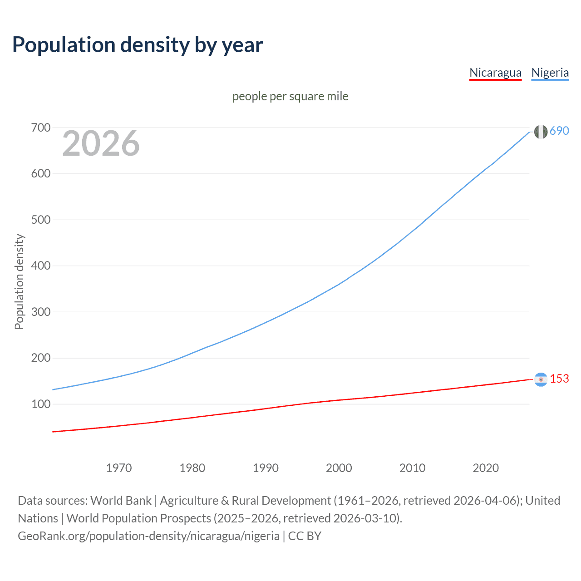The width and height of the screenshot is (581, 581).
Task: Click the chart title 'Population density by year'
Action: [138, 45]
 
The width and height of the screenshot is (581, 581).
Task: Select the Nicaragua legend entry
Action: [495, 73]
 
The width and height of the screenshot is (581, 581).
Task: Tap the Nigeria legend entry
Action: [550, 73]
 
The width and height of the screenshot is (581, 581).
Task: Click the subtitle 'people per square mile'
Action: [290, 96]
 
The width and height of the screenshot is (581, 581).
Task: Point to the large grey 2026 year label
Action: [101, 143]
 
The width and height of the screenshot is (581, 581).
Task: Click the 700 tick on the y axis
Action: [40, 128]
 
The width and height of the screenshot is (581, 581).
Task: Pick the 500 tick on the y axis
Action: [40, 220]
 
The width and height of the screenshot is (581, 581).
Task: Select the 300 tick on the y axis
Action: [40, 312]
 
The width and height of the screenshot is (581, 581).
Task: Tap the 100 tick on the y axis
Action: [40, 404]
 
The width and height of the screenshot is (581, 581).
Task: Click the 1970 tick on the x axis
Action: [119, 468]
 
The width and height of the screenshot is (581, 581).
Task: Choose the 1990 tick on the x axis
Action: [266, 468]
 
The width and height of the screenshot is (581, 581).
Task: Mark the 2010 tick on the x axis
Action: [412, 468]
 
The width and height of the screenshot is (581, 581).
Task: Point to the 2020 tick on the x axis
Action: [486, 468]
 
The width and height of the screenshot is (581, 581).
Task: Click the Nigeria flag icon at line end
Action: [541, 132]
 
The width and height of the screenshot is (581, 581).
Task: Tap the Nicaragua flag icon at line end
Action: [541, 379]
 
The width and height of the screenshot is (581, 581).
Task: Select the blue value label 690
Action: [559, 131]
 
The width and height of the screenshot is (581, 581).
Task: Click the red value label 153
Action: [559, 379]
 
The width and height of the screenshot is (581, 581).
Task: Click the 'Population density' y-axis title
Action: [19, 281]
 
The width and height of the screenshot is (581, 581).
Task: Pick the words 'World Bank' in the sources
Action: [121, 501]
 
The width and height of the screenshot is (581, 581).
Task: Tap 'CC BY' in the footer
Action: [305, 536]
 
